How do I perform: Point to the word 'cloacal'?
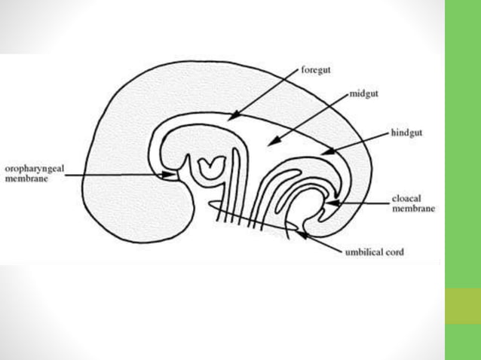point(406,200)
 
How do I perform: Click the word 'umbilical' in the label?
point(363,252)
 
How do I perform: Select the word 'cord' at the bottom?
point(394,252)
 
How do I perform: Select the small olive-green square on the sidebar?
point(462,305)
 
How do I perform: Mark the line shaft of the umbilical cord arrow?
point(323,244)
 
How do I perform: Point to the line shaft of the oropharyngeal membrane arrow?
point(113,175)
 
